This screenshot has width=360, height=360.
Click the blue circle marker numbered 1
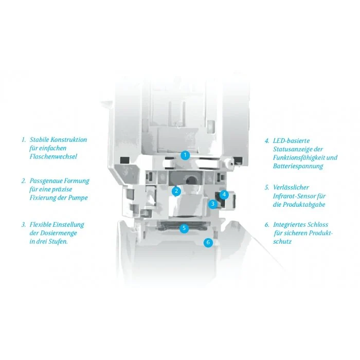click(185, 155)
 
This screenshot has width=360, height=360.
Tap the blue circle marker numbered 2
click(176, 191)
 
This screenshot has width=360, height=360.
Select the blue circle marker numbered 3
click(213, 204)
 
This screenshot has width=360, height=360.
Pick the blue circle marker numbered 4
click(224, 195)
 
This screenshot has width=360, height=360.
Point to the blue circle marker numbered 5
click(184, 228)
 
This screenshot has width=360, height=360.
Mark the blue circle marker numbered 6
click(208, 242)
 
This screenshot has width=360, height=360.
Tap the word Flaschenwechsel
click(53, 156)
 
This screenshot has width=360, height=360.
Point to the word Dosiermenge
click(59, 233)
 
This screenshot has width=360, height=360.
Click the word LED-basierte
click(291, 140)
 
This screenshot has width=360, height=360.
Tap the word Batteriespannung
click(298, 166)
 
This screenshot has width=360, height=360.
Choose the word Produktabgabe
click(304, 205)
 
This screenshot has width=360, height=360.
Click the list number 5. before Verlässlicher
click(267, 188)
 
